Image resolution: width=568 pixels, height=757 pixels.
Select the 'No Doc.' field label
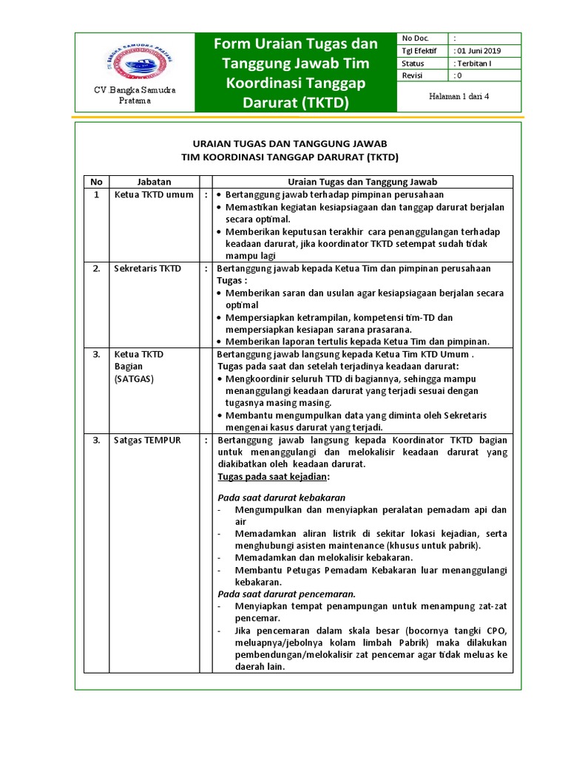[414, 38]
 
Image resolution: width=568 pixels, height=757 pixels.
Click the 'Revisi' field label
[413, 75]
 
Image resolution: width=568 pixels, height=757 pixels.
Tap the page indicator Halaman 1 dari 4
[460, 96]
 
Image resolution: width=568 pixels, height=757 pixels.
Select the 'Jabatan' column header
[154, 181]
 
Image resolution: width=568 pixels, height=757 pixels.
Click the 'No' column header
[95, 181]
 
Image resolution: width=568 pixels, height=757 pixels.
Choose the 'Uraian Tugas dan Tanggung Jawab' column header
[362, 181]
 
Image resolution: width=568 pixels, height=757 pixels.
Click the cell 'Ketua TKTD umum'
[154, 194]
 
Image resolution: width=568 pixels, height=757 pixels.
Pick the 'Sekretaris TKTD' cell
[148, 268]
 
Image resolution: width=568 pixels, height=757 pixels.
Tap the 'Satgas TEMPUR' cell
[148, 441]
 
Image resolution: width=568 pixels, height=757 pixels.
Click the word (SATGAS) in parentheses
[133, 378]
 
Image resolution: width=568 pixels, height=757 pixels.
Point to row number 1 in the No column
[95, 194]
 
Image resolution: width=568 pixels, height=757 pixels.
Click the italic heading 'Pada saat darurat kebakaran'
[281, 498]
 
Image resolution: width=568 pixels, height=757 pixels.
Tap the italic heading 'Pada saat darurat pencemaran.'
[286, 594]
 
